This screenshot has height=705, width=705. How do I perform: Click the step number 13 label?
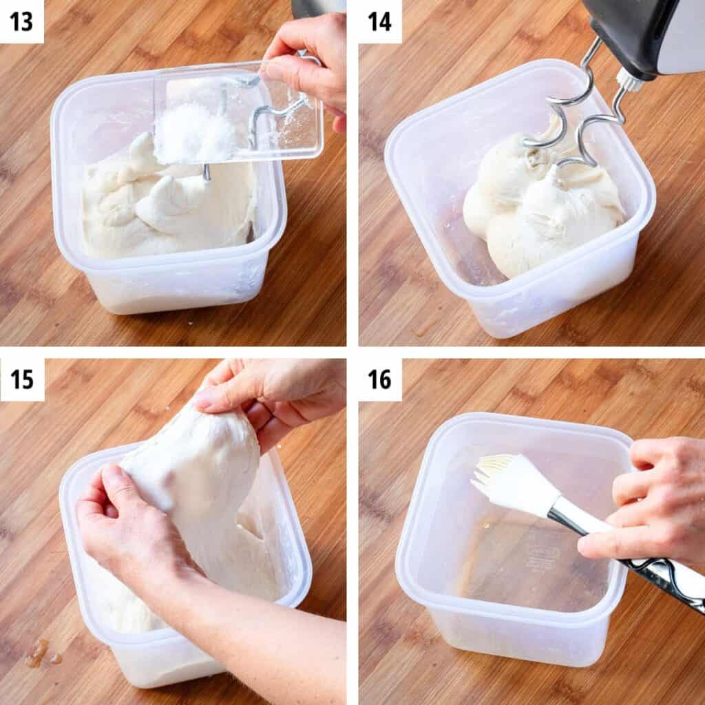click(x=21, y=21)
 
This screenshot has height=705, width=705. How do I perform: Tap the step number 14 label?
click(x=379, y=21)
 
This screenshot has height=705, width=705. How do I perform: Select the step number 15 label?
click(x=21, y=379)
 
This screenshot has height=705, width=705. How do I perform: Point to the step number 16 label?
click(x=379, y=379)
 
